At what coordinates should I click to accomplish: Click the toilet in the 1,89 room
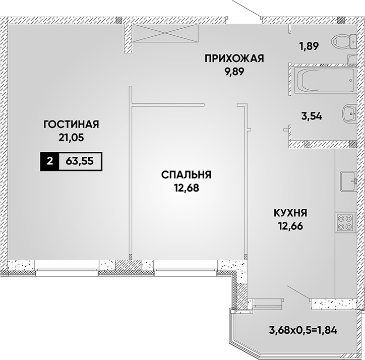point(344,42)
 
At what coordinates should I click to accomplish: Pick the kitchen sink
point(349,181)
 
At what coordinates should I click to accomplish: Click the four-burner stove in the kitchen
point(345,222)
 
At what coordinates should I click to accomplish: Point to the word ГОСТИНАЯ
point(71,125)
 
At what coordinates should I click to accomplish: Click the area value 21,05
point(71,138)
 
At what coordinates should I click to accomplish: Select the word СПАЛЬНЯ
point(186,174)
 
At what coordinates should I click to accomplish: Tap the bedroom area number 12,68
point(187,188)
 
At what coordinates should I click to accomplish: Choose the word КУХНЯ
point(290,213)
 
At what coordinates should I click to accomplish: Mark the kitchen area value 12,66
point(290,226)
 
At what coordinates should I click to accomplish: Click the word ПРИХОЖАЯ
point(234,58)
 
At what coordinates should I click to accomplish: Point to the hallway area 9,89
point(234,72)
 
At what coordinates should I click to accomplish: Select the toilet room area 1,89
point(309,46)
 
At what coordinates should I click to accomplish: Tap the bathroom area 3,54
point(312,116)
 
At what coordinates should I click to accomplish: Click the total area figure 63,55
point(80,161)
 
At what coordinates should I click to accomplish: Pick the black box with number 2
point(49,161)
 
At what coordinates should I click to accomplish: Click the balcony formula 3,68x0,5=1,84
point(303,330)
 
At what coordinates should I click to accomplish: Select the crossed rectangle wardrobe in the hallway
point(165,33)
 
